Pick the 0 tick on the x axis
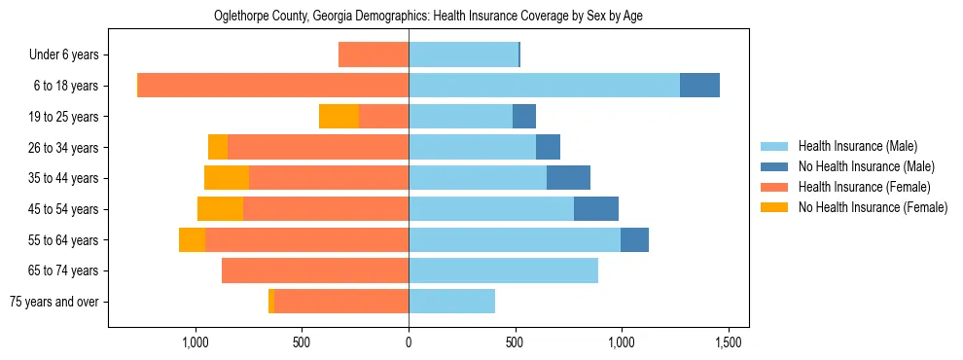[409, 342]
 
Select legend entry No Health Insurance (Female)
[873, 207]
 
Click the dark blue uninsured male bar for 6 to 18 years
[699, 86]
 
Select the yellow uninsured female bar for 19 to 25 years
[339, 117]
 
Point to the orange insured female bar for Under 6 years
[374, 54]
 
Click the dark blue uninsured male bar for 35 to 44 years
[568, 178]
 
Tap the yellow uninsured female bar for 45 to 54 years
[220, 209]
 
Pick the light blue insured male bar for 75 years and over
[451, 302]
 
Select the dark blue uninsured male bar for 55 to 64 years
[634, 239]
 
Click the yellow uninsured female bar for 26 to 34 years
[218, 147]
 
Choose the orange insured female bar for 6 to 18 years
[273, 86]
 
